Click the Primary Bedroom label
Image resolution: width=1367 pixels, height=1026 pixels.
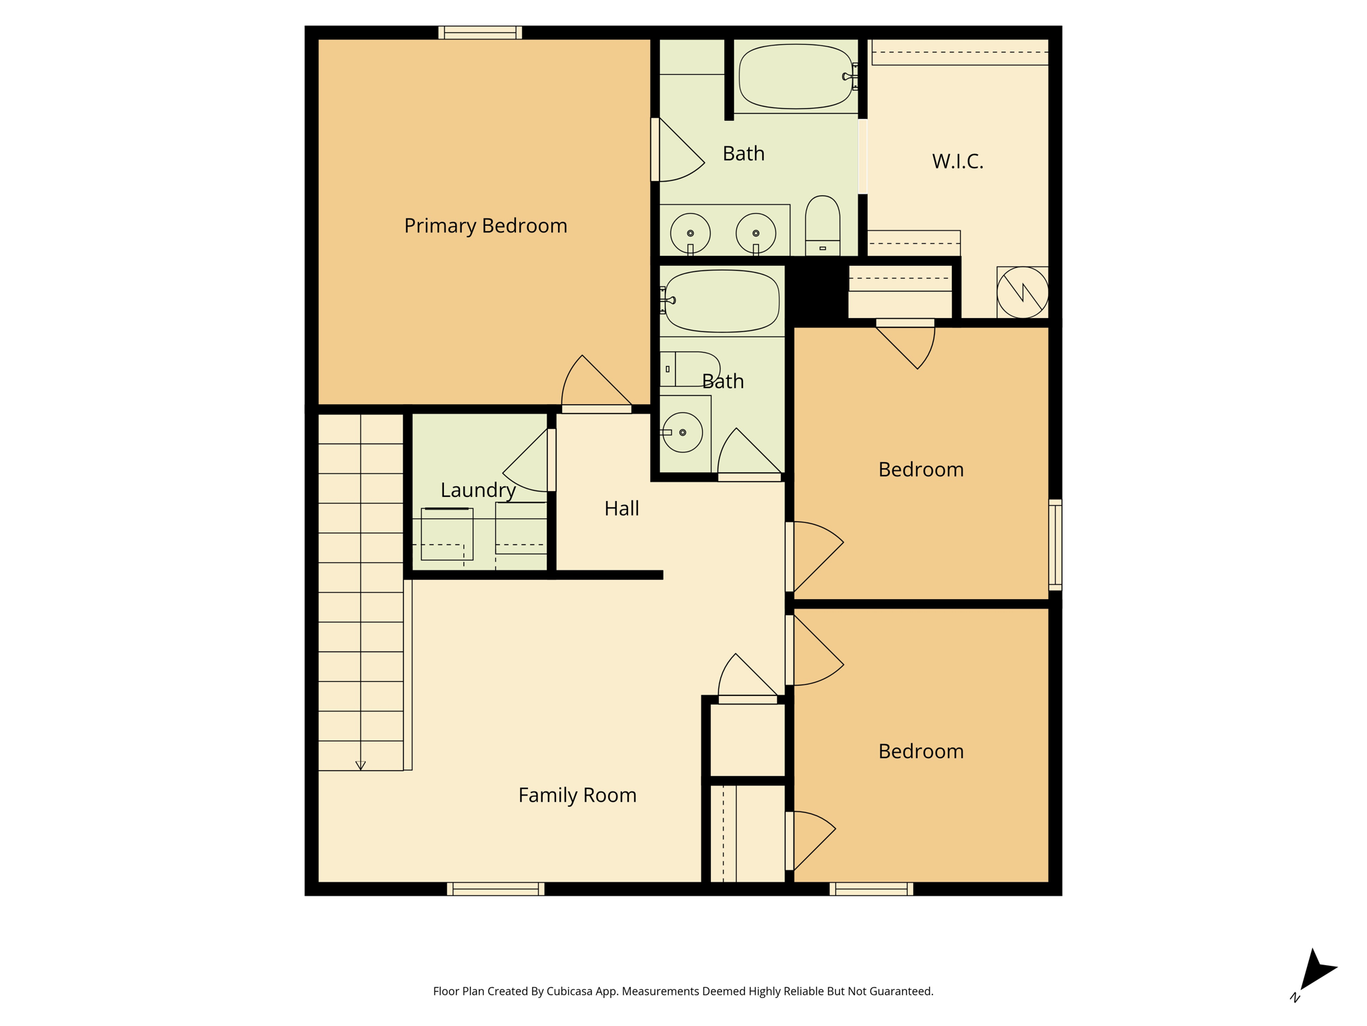tap(485, 226)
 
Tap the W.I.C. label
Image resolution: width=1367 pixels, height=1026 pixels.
tap(957, 161)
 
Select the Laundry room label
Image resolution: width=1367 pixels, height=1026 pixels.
tap(478, 490)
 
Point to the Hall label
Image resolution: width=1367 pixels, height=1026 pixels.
tap(621, 508)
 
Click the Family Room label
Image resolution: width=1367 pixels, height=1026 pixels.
tap(577, 795)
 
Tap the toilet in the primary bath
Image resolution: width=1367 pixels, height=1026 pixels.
tap(822, 225)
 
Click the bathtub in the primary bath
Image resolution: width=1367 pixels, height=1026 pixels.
tap(796, 76)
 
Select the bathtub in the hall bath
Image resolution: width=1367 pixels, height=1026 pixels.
tap(722, 301)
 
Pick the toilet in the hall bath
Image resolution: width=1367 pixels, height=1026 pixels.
tap(690, 369)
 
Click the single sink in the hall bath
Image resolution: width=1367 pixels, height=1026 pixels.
tap(682, 432)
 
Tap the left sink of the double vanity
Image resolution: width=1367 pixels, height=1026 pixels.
tap(690, 233)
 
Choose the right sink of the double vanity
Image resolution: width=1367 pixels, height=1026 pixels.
tap(756, 233)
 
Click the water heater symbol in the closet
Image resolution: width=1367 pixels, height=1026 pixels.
tap(1022, 292)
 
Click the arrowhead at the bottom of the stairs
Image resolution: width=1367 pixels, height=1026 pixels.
tap(360, 765)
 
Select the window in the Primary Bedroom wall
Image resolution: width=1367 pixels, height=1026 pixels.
tap(480, 33)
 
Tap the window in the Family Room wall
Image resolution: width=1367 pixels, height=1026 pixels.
tap(495, 889)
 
